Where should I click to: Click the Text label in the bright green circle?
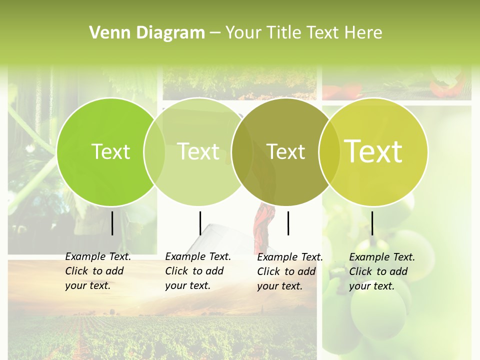coord(111,151)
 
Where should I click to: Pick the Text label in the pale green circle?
coord(198,151)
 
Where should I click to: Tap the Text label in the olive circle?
coord(286,151)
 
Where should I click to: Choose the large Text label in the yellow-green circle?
coord(373,151)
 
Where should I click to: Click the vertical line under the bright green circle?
coord(112,223)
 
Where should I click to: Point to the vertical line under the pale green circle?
coord(200,223)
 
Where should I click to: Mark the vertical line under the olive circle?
coord(288,223)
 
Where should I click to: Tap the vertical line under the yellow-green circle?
coord(372,223)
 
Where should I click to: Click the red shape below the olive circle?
coord(261,225)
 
